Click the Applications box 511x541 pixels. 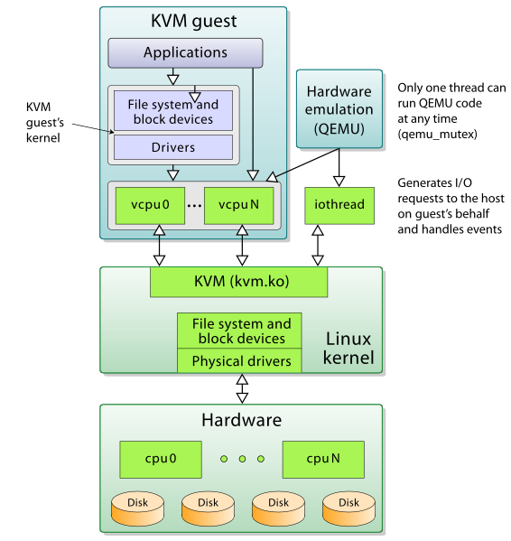pos(185,53)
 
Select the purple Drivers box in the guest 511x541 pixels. pos(173,147)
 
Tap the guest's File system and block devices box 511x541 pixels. pos(173,111)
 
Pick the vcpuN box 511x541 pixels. pos(238,205)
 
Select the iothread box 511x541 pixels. pos(339,205)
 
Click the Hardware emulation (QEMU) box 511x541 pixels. pos(339,110)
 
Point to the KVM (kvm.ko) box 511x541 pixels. pos(238,281)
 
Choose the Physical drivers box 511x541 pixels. pos(240,361)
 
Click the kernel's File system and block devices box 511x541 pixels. pos(240,331)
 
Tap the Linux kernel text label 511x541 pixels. pos(347,349)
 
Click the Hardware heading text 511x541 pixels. pos(241,420)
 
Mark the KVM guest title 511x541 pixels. pos(193,19)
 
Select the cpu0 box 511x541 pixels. pos(161,459)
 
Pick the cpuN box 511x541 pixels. pos(323,459)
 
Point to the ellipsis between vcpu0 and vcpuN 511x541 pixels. pos(194,206)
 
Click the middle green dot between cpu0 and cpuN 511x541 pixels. pos(242,459)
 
